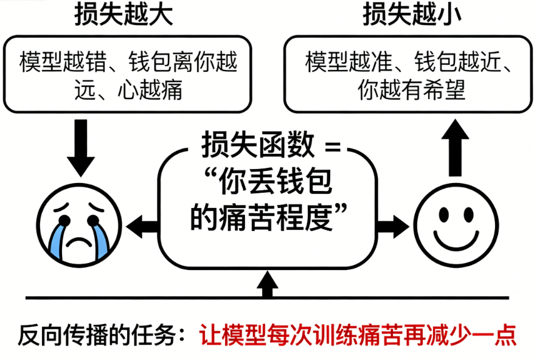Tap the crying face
tap(79, 223)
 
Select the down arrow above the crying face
tap(80, 147)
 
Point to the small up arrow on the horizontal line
tap(266, 285)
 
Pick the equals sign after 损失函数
tap(330, 147)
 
